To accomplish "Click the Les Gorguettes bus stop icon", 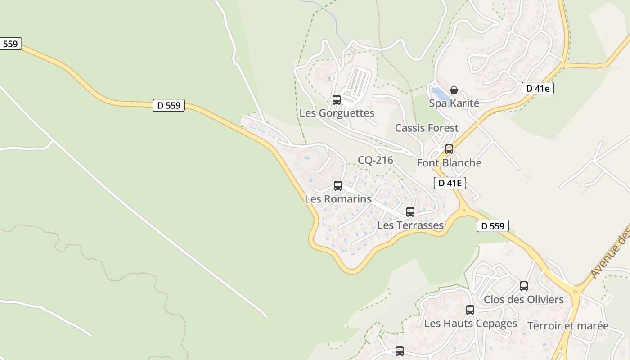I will pyautogui.click(x=336, y=100).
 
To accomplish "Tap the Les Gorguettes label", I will pyautogui.click(x=337, y=113).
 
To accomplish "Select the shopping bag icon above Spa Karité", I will pyautogui.click(x=454, y=90).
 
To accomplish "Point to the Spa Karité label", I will pyautogui.click(x=454, y=103).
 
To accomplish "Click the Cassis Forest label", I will pyautogui.click(x=427, y=128).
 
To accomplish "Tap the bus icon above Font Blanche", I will pyautogui.click(x=449, y=149).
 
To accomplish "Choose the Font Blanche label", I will pyautogui.click(x=449, y=162).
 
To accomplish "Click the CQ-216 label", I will pyautogui.click(x=375, y=160).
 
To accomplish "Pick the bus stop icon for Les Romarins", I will pyautogui.click(x=338, y=185).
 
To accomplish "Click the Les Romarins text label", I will pyautogui.click(x=338, y=198).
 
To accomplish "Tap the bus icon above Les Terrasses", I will pyautogui.click(x=410, y=212).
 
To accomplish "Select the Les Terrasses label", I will pyautogui.click(x=410, y=225).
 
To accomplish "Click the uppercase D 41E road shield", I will pyautogui.click(x=450, y=183).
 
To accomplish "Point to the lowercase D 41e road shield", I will pyautogui.click(x=537, y=89).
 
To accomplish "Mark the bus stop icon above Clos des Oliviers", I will pyautogui.click(x=523, y=286).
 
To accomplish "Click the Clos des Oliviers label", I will pyautogui.click(x=523, y=299).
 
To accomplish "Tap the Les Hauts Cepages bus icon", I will pyautogui.click(x=470, y=310).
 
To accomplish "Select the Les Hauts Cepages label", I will pyautogui.click(x=470, y=323).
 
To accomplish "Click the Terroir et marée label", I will pyautogui.click(x=568, y=325).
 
